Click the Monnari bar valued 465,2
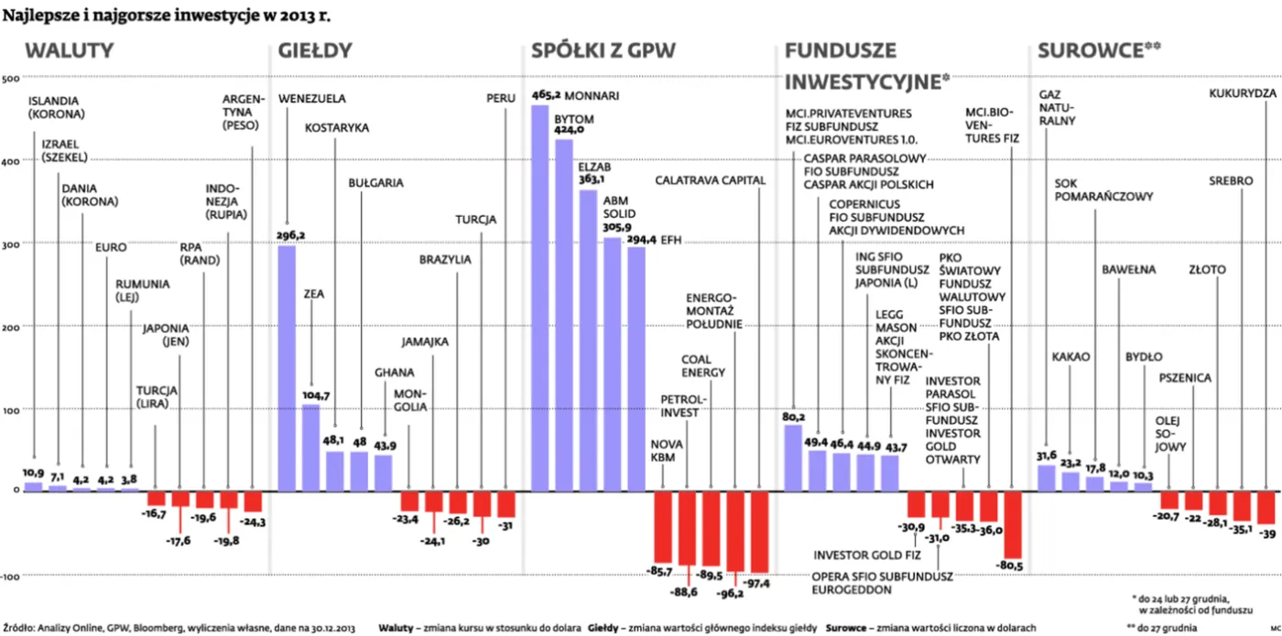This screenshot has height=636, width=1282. [539, 298]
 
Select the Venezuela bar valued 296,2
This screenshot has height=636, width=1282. [287, 368]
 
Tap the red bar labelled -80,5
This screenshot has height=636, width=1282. [1013, 525]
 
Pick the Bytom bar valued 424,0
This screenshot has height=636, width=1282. [564, 315]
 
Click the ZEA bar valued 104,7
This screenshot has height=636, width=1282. [310, 447]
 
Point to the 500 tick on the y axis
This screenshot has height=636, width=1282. [10, 79]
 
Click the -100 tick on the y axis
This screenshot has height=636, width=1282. [10, 577]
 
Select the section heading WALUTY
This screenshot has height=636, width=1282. [70, 50]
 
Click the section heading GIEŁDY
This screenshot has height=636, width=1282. [315, 50]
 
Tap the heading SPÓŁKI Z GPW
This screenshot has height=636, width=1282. [603, 50]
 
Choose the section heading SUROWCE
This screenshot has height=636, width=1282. [1091, 50]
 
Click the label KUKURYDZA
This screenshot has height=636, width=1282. [1243, 93]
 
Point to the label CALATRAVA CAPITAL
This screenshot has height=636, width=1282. [711, 180]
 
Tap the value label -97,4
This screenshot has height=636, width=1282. [756, 584]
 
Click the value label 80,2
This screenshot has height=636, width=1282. [793, 417]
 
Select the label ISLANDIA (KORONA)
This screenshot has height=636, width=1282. [57, 108]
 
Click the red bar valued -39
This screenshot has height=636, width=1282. [1266, 508]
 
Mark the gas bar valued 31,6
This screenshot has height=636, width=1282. [1046, 478]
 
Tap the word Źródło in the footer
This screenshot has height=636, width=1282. [18, 628]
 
